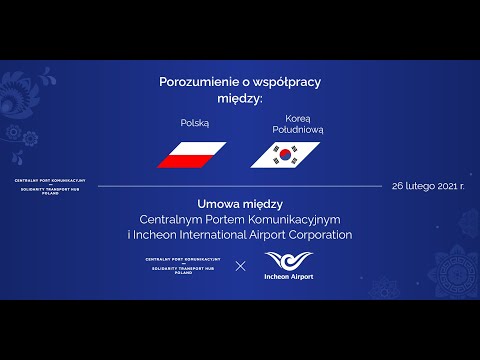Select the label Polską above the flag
[193, 122]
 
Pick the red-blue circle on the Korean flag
[286, 155]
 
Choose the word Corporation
[317, 235]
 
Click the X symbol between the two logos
[240, 265]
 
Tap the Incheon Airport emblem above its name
[287, 259]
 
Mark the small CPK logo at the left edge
[49, 186]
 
